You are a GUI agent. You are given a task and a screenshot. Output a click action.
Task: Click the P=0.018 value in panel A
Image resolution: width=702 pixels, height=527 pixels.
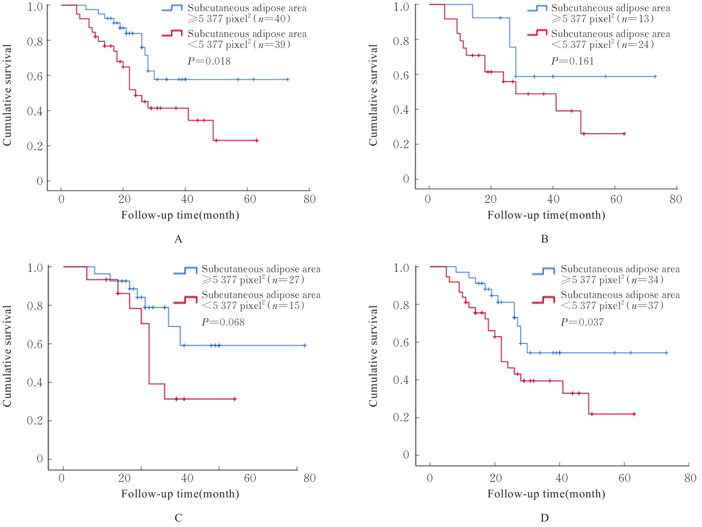(209, 61)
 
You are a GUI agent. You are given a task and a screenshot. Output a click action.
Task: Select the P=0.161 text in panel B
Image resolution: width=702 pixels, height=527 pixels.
(572, 61)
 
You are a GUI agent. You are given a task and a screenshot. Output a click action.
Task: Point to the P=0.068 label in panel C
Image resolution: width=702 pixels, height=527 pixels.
(223, 322)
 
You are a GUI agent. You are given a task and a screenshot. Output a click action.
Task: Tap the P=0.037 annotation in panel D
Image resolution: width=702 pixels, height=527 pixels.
(582, 322)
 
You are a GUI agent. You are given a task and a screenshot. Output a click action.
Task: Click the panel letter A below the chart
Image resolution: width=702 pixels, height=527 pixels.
(178, 239)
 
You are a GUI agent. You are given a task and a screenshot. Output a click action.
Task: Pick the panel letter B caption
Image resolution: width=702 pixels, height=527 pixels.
(544, 239)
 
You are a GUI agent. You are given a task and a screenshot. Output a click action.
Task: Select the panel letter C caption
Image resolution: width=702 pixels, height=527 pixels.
(178, 518)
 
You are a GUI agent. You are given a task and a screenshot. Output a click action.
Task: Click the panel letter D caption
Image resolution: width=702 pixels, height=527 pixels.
(544, 518)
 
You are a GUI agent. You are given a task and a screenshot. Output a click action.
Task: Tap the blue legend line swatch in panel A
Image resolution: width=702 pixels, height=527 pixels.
(172, 9)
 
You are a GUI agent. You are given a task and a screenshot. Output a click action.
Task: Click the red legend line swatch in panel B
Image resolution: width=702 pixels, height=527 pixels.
(537, 33)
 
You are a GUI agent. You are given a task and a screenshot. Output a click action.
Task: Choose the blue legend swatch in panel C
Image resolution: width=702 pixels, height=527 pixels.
(185, 270)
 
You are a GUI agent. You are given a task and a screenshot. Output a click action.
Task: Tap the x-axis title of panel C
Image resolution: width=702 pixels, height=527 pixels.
(180, 494)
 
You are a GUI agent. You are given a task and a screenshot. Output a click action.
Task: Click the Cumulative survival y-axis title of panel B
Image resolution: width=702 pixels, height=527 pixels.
(373, 95)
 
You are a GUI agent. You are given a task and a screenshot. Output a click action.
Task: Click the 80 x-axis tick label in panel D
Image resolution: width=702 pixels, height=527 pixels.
(690, 478)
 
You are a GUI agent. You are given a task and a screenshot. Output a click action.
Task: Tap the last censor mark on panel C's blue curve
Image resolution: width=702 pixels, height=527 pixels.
(304, 345)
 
